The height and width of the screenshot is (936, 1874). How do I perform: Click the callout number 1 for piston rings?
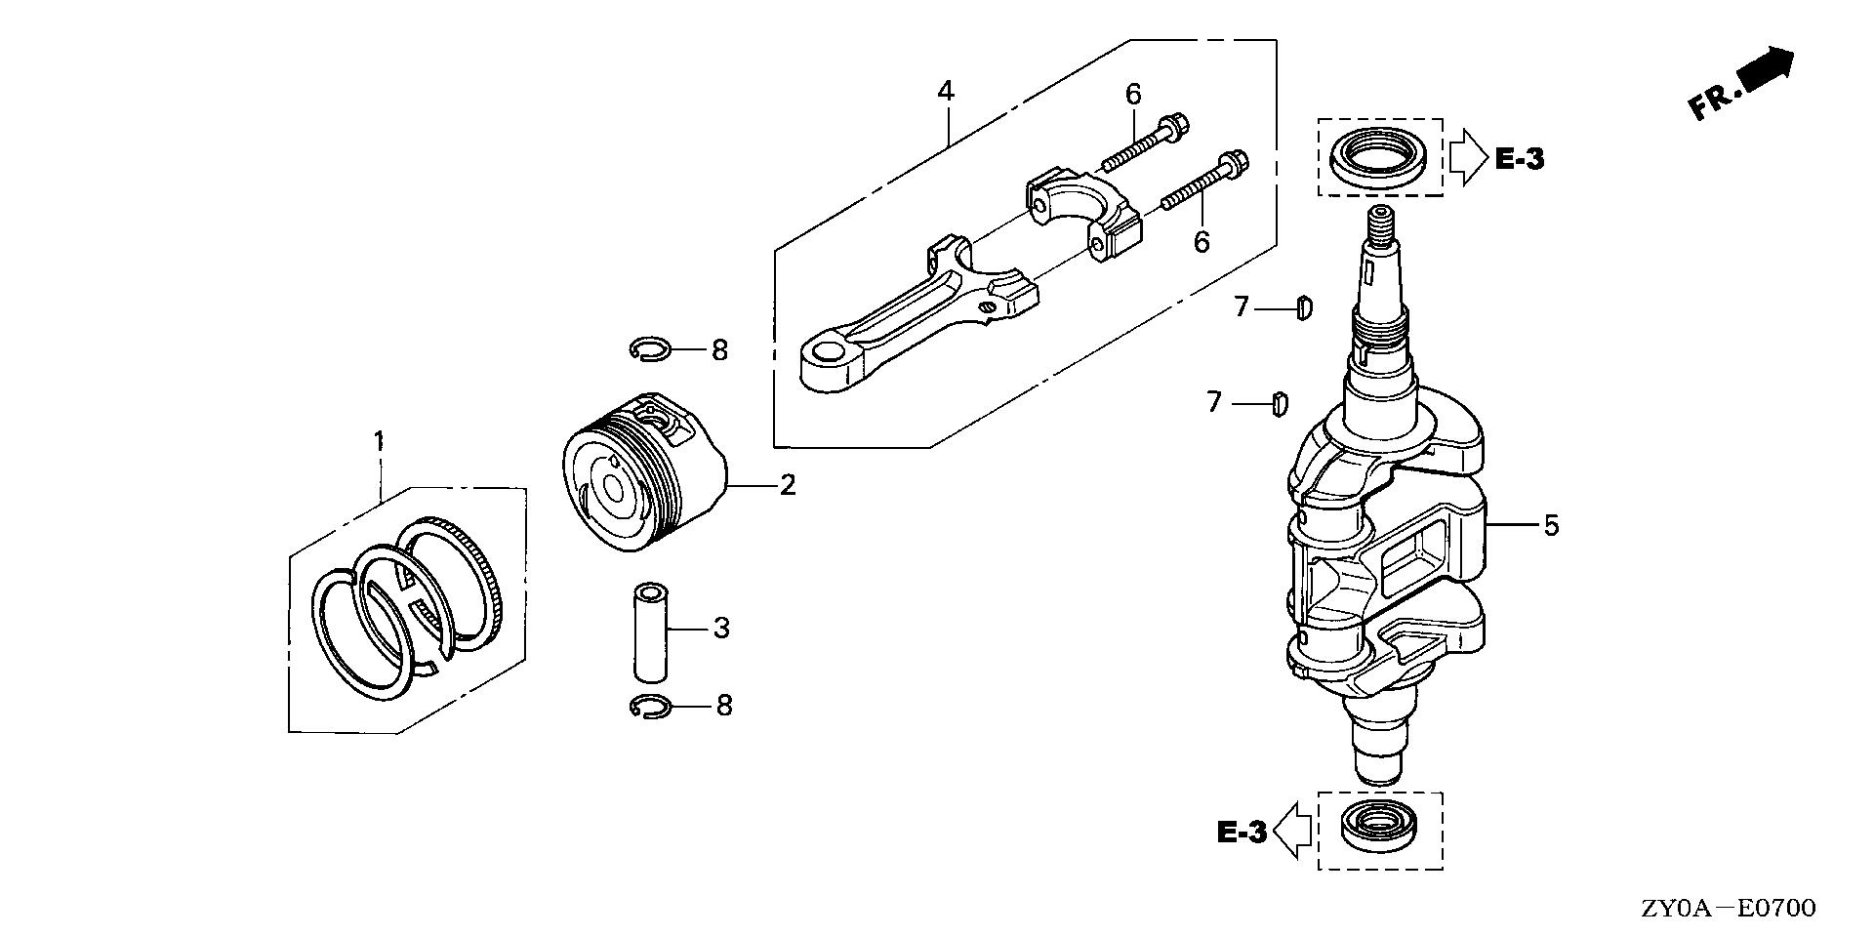(379, 441)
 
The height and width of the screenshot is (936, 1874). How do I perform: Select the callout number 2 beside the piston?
(787, 485)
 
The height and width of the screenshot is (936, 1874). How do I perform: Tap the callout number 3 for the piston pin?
(721, 628)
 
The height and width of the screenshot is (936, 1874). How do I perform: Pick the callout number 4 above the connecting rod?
(945, 92)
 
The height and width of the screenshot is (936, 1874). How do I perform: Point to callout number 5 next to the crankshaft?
(1551, 526)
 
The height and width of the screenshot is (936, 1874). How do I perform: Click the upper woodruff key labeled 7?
(1303, 308)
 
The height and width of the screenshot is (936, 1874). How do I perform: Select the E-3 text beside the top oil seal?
(1520, 159)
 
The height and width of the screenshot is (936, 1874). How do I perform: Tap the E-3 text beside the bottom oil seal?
(1242, 832)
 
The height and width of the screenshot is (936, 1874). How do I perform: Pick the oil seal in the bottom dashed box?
(1379, 828)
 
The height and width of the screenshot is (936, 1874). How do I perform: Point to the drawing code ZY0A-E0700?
(1728, 909)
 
